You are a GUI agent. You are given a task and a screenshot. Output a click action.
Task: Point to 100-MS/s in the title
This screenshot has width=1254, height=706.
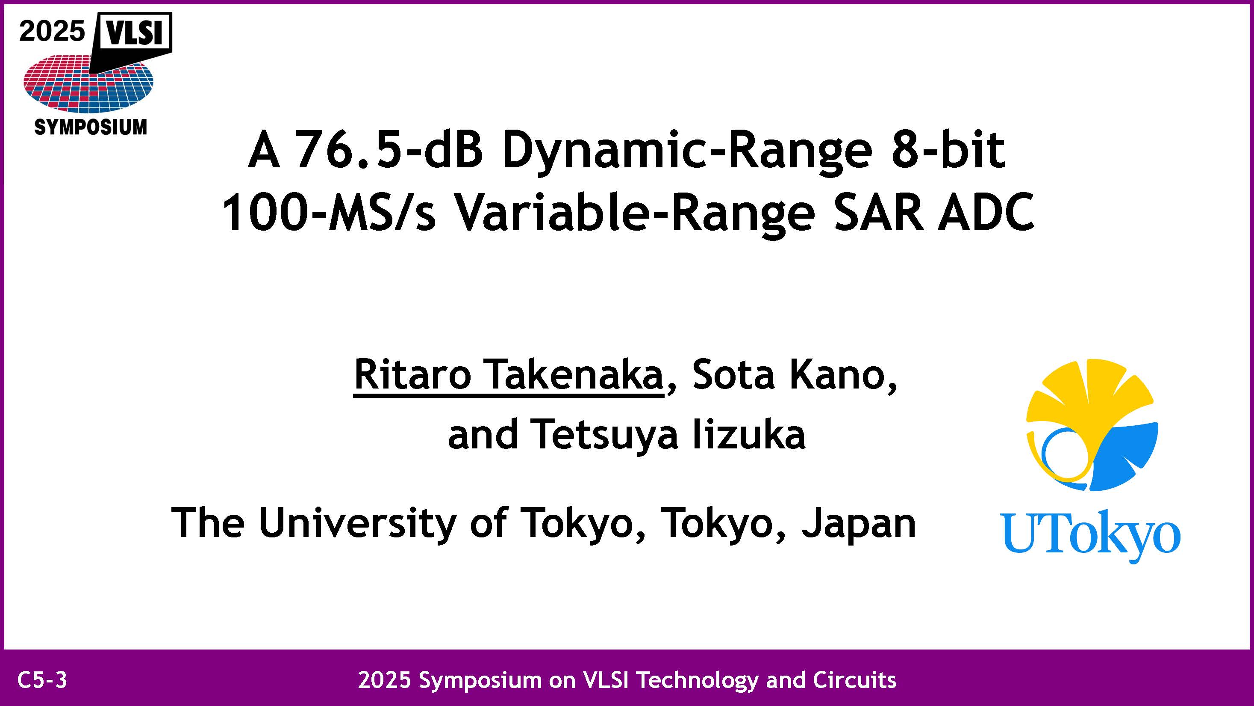[x=329, y=212]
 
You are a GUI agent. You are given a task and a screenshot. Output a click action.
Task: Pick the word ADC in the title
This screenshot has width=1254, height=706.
[x=986, y=212]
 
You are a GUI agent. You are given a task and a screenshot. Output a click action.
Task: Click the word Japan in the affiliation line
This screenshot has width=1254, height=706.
[x=859, y=523]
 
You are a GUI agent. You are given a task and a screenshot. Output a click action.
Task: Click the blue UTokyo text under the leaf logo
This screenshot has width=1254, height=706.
[x=1090, y=537]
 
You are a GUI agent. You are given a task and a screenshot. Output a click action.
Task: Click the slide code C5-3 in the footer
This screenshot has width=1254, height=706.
[x=42, y=680]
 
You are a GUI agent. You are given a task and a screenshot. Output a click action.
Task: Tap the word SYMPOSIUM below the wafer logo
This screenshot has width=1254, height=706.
[x=91, y=127]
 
